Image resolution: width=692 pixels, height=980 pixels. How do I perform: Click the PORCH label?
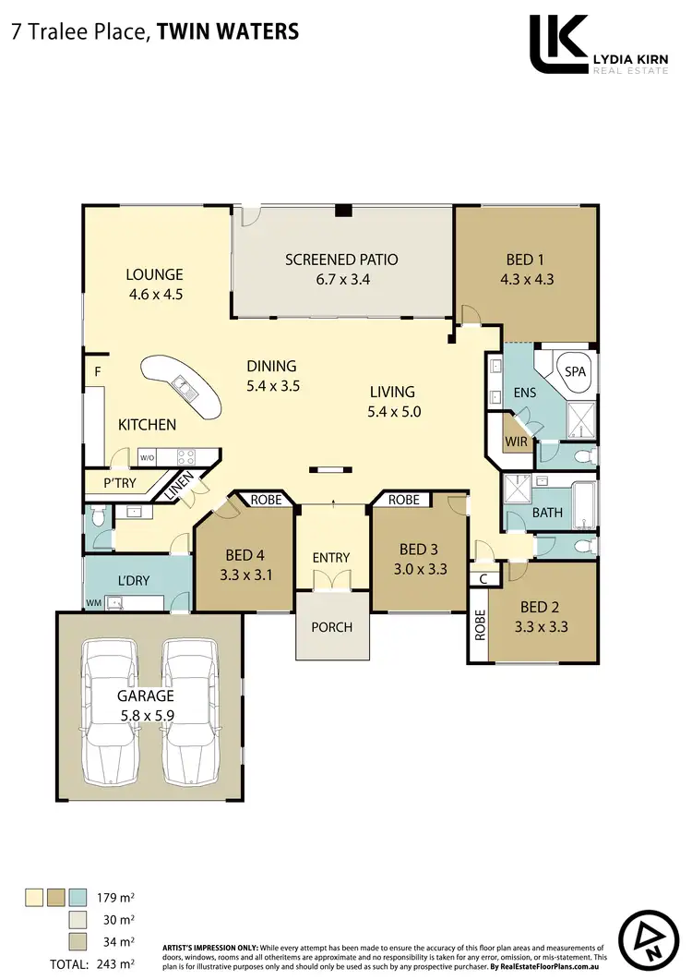click(x=331, y=627)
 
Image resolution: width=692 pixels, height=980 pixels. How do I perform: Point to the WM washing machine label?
click(x=93, y=603)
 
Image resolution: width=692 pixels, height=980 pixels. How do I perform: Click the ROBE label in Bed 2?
click(x=479, y=626)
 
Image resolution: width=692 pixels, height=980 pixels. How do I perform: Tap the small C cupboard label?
click(x=483, y=578)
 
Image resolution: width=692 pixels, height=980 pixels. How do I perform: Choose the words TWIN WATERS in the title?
click(x=228, y=31)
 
